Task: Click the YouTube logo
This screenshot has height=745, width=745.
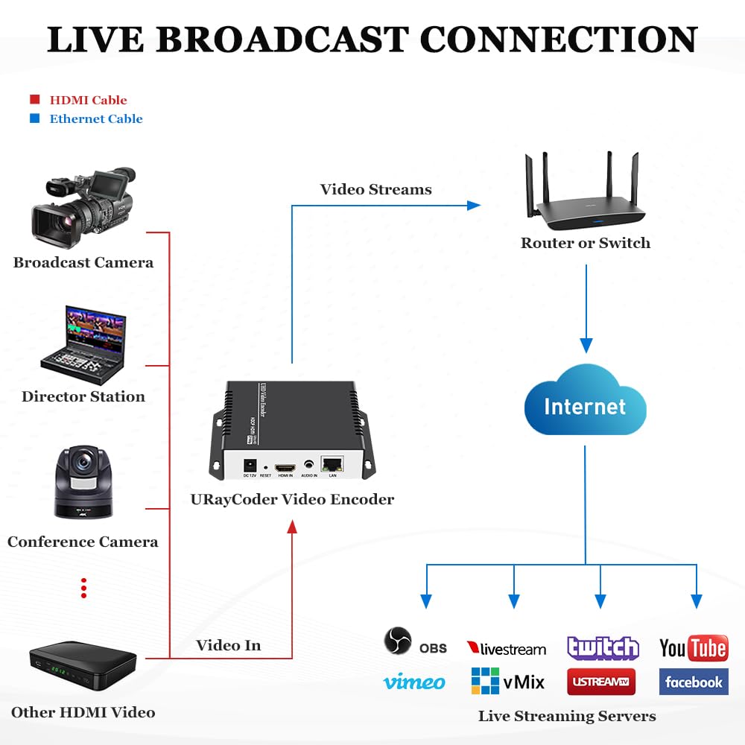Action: (x=694, y=648)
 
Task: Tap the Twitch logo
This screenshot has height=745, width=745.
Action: (x=603, y=648)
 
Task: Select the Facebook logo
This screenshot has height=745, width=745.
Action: (x=694, y=682)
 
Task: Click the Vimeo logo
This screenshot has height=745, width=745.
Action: (x=414, y=682)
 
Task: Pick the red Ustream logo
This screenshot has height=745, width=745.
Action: (x=601, y=682)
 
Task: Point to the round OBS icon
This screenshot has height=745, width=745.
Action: (x=398, y=641)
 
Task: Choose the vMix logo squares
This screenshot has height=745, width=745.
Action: (x=485, y=681)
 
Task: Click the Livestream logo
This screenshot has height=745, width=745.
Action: (x=507, y=649)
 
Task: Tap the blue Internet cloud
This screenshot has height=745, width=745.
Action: (x=585, y=405)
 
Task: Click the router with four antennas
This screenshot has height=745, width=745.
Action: (x=584, y=197)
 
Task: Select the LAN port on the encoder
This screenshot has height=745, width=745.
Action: (x=332, y=465)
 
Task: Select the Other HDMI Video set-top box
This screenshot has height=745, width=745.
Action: (x=83, y=659)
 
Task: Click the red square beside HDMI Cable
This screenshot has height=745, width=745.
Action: (x=34, y=100)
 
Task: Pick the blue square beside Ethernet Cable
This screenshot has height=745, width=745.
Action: (x=34, y=118)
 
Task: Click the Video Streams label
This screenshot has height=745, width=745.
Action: (x=375, y=189)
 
